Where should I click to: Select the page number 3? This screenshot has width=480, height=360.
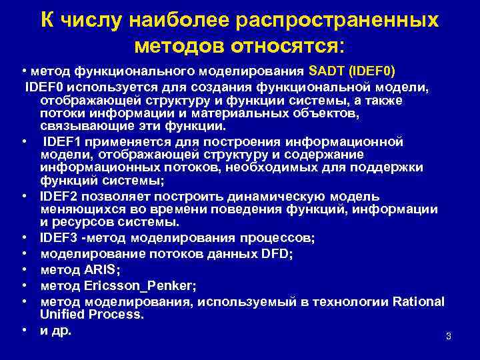coord(449,337)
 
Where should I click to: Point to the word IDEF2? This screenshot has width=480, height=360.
coord(59,197)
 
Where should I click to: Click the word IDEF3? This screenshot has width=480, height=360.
coord(59,237)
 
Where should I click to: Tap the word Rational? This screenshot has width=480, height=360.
coord(418,301)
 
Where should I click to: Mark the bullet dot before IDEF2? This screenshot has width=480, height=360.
coord(23,197)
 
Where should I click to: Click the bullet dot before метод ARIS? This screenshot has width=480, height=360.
coord(23,269)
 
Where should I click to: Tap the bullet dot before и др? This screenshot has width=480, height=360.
coord(23,330)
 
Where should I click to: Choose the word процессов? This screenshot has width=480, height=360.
coord(271,237)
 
